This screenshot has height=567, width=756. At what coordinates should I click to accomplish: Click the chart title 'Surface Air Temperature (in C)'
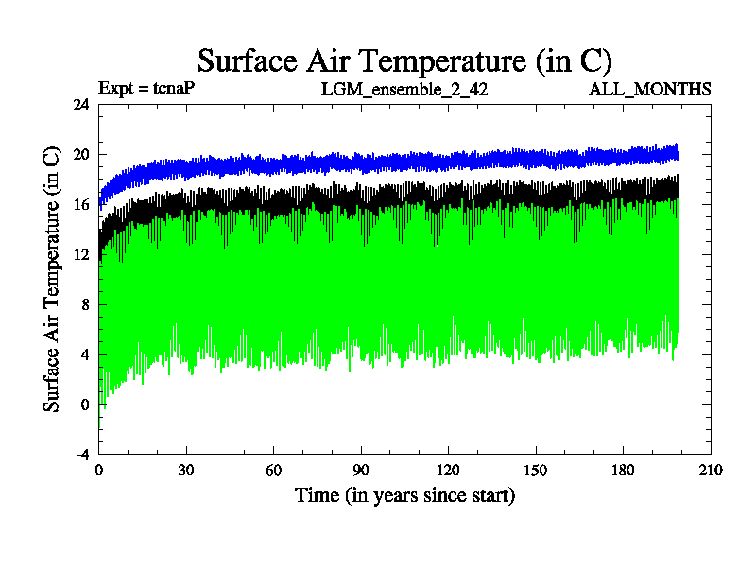pyautogui.click(x=404, y=60)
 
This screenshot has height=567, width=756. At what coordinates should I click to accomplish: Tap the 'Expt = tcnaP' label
pyautogui.click(x=146, y=89)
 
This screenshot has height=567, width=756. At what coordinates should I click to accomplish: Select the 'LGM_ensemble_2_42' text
pyautogui.click(x=404, y=90)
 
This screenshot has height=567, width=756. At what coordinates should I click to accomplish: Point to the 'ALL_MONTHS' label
pyautogui.click(x=650, y=90)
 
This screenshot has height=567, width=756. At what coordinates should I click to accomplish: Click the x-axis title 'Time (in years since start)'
pyautogui.click(x=404, y=495)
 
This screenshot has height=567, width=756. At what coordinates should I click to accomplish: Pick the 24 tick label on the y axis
pyautogui.click(x=80, y=105)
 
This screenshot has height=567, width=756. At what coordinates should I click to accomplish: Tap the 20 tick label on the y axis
pyautogui.click(x=80, y=155)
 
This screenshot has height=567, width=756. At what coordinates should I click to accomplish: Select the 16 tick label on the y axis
pyautogui.click(x=80, y=205)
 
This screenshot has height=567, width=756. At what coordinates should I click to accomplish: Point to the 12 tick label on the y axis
pyautogui.click(x=80, y=255)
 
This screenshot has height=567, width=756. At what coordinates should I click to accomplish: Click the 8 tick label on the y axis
pyautogui.click(x=85, y=304)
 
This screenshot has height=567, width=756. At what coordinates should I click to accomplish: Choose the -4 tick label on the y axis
pyautogui.click(x=81, y=455)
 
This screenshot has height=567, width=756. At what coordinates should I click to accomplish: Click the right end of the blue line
pyautogui.click(x=678, y=152)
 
